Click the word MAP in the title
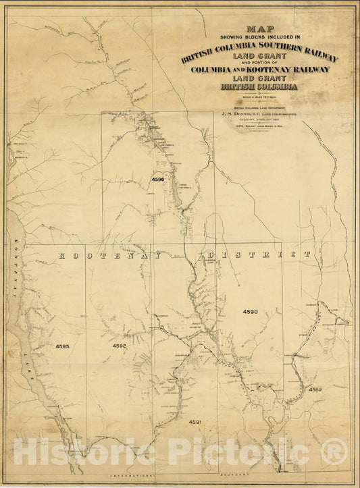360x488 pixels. point(256,29)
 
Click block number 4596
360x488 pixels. point(158,180)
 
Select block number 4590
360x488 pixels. point(251,312)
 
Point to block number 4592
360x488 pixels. point(120,346)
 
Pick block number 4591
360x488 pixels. point(195,422)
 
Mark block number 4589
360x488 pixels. point(315,389)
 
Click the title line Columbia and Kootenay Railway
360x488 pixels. point(260,70)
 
